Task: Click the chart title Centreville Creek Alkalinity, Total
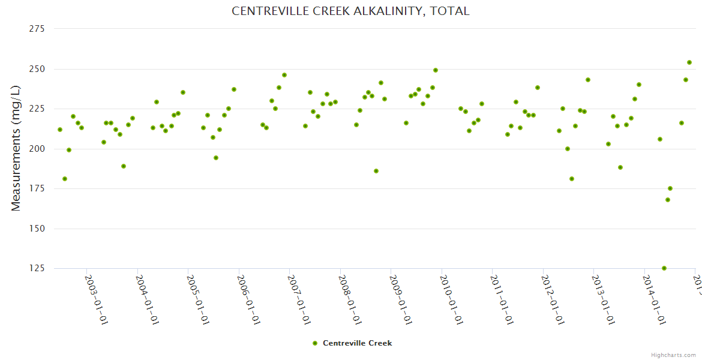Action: click(350, 11)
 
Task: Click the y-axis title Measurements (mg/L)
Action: click(16, 148)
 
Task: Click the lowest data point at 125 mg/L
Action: click(664, 268)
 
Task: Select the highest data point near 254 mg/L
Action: click(689, 62)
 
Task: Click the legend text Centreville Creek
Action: click(357, 343)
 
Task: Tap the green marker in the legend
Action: click(315, 343)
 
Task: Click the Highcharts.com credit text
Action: click(673, 355)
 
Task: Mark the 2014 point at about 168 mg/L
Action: click(668, 200)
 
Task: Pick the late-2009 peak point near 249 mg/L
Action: click(436, 70)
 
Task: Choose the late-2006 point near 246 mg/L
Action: click(284, 75)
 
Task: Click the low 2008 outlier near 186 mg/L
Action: click(376, 171)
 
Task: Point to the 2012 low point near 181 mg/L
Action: click(572, 179)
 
